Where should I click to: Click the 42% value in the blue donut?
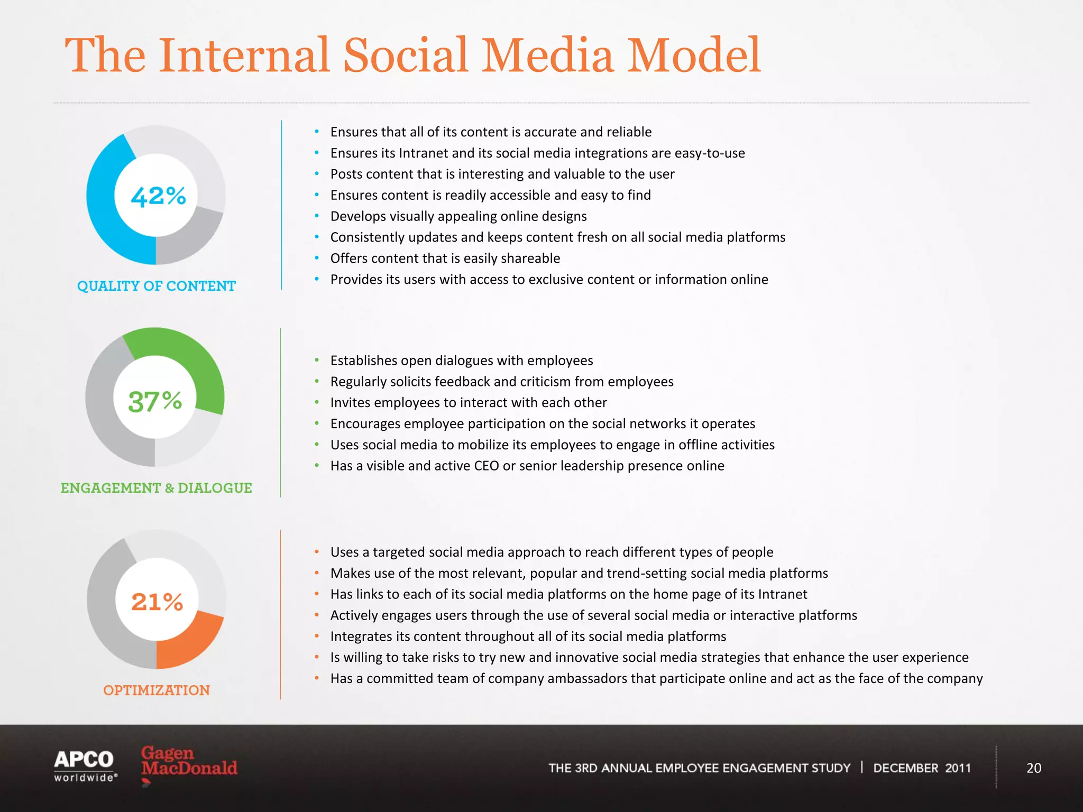pos(158,196)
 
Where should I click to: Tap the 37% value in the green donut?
pos(155,401)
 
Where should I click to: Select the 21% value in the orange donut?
pos(157,602)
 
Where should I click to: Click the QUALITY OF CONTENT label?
pos(157,286)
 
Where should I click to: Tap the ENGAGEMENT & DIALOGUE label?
pos(157,488)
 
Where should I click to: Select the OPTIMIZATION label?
pos(157,690)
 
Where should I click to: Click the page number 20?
pos(1033,768)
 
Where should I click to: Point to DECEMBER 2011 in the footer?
pos(922,768)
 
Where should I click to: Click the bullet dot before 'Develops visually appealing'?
pos(317,216)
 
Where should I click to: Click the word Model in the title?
pos(694,56)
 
